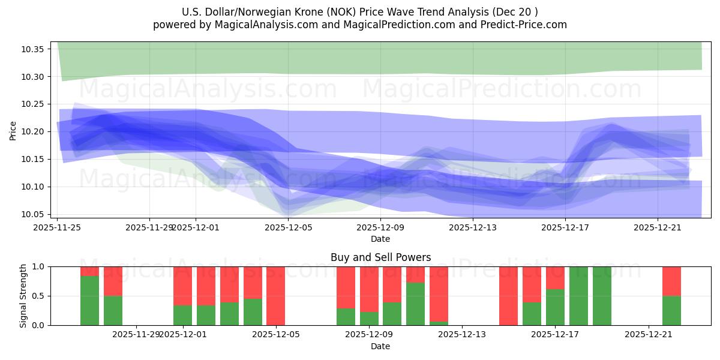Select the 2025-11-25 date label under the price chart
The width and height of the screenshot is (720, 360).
57,227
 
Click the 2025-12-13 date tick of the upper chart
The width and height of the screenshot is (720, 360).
473,227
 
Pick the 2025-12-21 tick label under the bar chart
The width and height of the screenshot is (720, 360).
649,334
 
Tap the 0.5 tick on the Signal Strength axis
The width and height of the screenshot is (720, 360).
39,296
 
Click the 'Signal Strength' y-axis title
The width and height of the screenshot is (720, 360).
23,296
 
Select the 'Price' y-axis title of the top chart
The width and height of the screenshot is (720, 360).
13,131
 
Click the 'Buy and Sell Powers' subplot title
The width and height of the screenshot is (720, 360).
380,257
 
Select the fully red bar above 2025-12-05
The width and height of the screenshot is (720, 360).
275,296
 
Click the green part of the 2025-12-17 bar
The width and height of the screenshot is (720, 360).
555,307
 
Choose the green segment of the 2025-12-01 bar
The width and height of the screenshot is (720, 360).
182,315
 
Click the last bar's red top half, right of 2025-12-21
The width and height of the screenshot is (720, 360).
671,281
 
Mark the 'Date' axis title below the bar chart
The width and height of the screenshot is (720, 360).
380,346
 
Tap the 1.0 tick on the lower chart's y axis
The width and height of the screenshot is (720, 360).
39,266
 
